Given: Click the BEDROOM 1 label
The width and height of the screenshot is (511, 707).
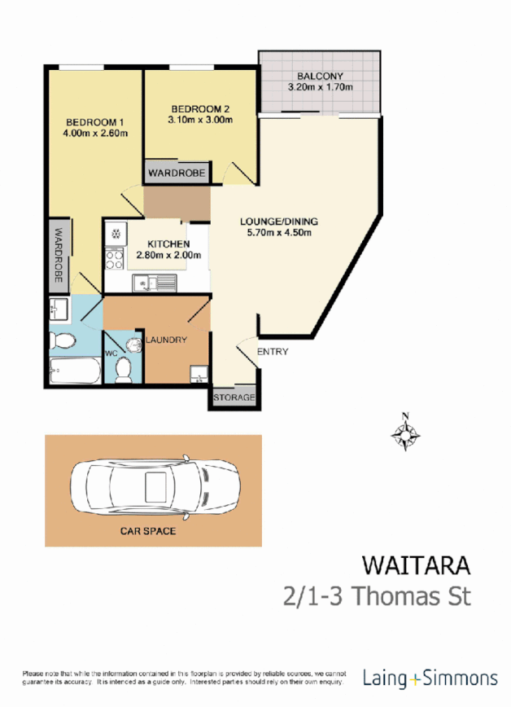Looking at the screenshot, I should pyautogui.click(x=91, y=123).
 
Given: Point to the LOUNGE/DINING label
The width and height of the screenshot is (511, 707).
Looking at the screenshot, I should pyautogui.click(x=278, y=222).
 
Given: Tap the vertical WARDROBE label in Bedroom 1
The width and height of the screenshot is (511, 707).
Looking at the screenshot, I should pyautogui.click(x=58, y=255).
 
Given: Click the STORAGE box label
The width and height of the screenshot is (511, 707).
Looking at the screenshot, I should pyautogui.click(x=234, y=398).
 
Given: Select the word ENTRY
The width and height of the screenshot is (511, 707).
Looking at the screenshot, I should pyautogui.click(x=272, y=352).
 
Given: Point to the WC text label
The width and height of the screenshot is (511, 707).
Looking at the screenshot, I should pyautogui.click(x=111, y=353).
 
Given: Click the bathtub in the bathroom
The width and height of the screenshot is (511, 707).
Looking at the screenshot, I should pyautogui.click(x=75, y=371).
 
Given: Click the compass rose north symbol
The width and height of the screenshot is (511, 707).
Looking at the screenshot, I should pyautogui.click(x=404, y=433).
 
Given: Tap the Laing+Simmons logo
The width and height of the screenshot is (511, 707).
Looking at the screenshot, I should pyautogui.click(x=430, y=677).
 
